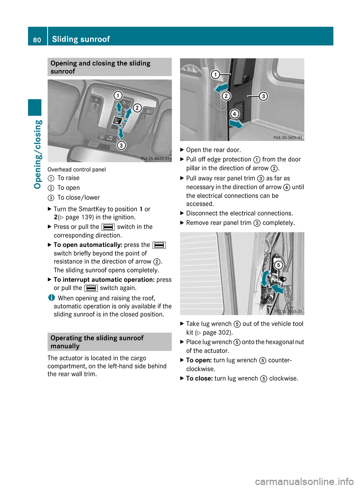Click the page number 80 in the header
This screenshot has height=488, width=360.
click(37, 40)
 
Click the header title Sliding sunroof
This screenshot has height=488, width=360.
click(81, 39)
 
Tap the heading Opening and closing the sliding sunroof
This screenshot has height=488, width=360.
click(100, 67)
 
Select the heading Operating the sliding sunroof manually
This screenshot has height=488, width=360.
click(97, 342)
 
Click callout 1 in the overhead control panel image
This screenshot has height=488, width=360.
click(118, 95)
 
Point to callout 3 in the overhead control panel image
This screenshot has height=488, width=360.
click(121, 145)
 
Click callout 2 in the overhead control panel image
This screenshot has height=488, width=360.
click(137, 108)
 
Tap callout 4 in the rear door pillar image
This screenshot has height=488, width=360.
click(234, 114)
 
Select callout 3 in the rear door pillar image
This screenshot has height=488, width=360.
click(263, 96)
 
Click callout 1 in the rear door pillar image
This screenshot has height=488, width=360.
click(215, 74)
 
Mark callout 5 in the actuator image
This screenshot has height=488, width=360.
click(278, 265)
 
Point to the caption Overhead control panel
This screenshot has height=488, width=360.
click(76, 169)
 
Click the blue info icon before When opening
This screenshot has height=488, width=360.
click(51, 298)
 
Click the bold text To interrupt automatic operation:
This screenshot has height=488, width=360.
click(104, 280)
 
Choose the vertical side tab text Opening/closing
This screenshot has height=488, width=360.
click(37, 154)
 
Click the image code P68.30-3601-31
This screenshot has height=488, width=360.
click(287, 138)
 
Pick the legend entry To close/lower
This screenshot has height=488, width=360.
click(78, 198)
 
